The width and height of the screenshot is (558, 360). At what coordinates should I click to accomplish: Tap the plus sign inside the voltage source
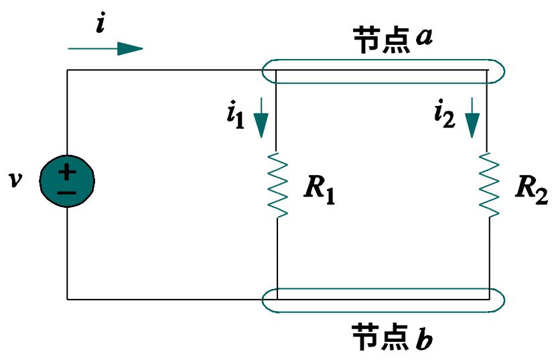pos(67,172)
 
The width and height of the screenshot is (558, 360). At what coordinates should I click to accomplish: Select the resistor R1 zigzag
pos(277,184)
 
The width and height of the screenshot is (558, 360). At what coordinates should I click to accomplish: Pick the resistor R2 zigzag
pos(489,184)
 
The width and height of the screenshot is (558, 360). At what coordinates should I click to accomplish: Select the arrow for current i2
pos(473,117)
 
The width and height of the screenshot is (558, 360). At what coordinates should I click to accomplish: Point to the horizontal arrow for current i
pos(105,48)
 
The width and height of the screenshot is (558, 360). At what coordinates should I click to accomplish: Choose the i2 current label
pos(445,115)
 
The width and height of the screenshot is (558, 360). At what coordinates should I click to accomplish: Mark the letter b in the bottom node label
pos(423,339)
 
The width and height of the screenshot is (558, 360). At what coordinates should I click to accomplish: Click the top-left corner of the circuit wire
pos(67,70)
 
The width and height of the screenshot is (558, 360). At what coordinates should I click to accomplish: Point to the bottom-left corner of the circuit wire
pos(67,298)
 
